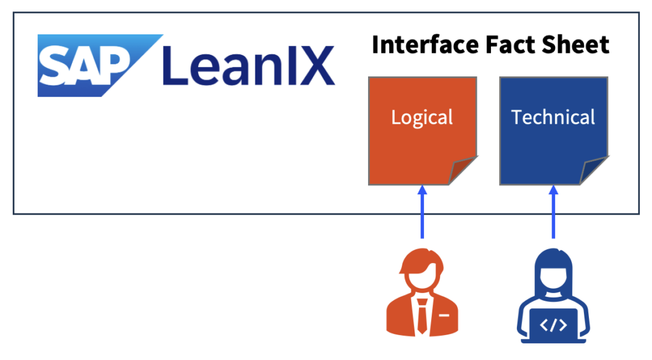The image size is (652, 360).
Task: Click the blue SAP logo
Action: pyautogui.click(x=90, y=66)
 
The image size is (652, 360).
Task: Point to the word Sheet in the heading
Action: pyautogui.click(x=577, y=45)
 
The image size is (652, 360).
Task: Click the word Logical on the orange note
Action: pyautogui.click(x=422, y=118)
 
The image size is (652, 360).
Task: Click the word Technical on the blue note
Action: pyautogui.click(x=553, y=118)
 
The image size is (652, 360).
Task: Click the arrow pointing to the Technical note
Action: pyautogui.click(x=553, y=213)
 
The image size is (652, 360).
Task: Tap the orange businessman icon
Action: pyautogui.click(x=422, y=293)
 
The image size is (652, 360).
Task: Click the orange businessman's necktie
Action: pyautogui.click(x=422, y=317)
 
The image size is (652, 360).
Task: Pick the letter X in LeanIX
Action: pyautogui.click(x=315, y=66)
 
